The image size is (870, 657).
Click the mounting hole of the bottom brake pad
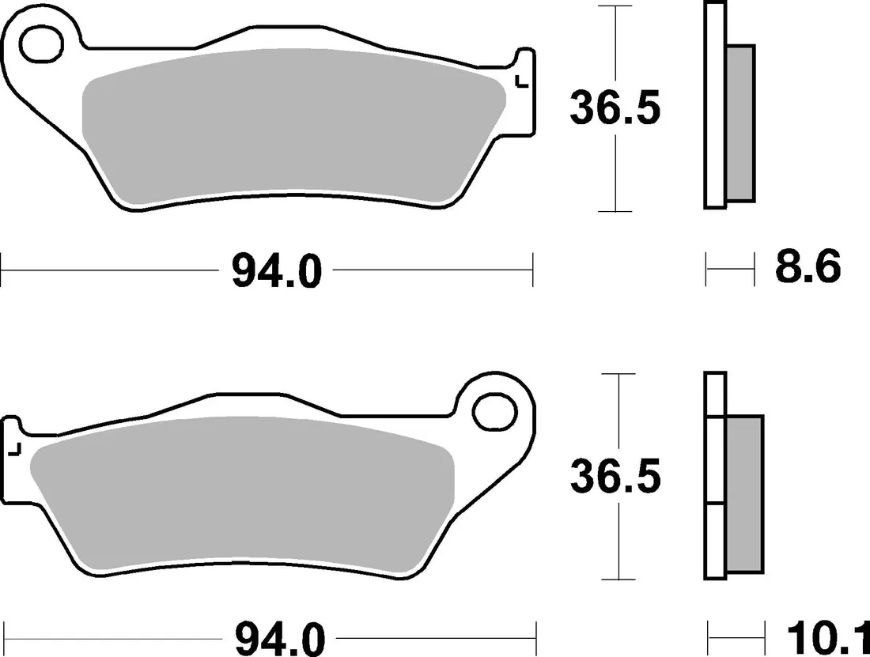(x=494, y=411)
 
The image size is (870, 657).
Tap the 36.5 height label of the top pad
(x=615, y=108)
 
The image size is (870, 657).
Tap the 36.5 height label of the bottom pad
(x=616, y=476)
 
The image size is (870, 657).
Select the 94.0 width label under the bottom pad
(x=280, y=640)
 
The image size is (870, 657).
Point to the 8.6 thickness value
(x=808, y=266)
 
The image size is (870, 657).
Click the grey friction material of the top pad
(x=294, y=125)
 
